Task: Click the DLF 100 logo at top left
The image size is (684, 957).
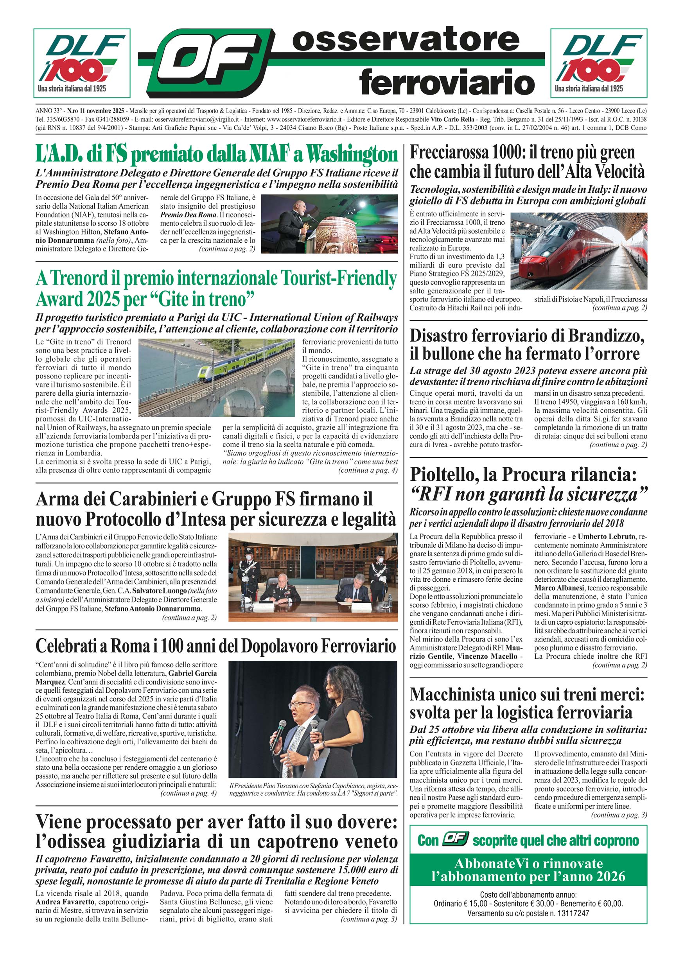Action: pos(82,63)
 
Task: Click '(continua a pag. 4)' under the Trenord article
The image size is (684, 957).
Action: pos(368,470)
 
